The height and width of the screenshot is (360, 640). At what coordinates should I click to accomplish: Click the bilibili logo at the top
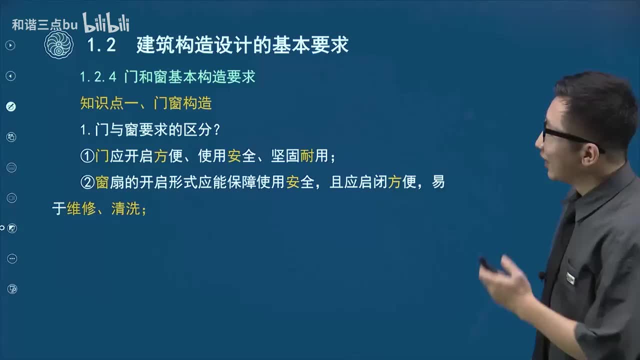coord(106,23)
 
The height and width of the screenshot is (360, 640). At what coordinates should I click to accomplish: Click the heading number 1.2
coord(101,45)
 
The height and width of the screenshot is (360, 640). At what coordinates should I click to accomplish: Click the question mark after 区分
coord(216,130)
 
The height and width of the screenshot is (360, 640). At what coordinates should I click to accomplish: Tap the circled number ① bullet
coord(87,156)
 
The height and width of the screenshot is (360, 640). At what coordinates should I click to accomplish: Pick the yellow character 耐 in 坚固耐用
coord(306,156)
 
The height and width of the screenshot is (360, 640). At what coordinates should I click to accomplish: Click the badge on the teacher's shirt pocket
coord(570,278)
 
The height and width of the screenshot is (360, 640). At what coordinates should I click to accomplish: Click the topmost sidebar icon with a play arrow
coord(10,45)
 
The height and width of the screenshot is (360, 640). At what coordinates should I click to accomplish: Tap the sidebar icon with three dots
coord(12,258)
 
